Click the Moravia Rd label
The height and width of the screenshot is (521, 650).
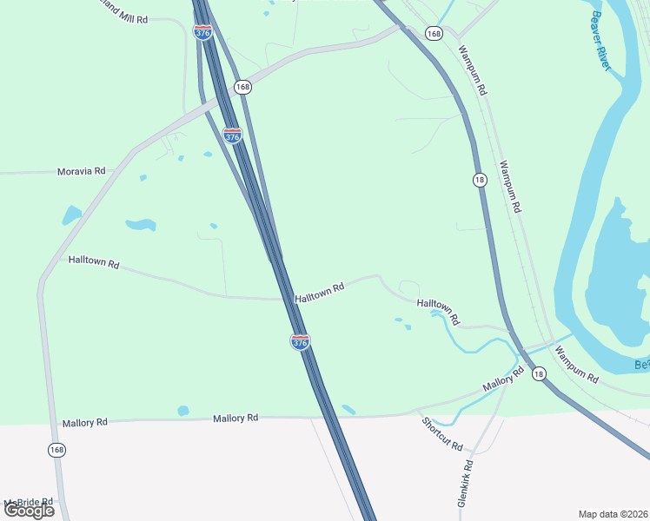(81, 171)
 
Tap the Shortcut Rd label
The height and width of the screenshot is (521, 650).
(442, 433)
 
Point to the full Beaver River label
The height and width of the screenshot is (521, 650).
(608, 40)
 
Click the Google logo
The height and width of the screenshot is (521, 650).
(29, 510)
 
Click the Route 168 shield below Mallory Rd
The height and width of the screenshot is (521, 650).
(57, 450)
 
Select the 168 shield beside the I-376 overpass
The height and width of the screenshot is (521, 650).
(242, 87)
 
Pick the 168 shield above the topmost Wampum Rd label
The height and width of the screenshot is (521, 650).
(434, 33)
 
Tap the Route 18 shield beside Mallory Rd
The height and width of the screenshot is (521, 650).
(539, 373)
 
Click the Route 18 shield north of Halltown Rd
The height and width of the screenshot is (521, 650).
(480, 180)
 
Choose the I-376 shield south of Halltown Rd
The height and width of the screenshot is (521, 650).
(300, 341)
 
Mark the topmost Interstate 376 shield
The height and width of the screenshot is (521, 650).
(202, 32)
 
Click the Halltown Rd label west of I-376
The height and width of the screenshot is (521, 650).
(93, 261)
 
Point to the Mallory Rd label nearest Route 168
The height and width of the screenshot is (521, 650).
(84, 423)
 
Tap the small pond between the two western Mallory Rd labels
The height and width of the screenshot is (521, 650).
(182, 411)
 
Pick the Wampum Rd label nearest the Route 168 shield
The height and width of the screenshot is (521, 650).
(471, 70)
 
